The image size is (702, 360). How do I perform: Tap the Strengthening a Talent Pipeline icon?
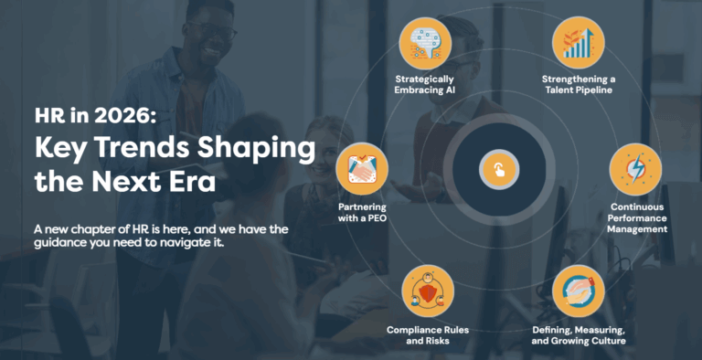pos(578,42)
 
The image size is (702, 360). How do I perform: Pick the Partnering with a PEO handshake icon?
pos(363,170)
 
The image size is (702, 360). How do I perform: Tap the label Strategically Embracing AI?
pos(427,85)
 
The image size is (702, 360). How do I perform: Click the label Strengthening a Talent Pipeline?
pos(579,85)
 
